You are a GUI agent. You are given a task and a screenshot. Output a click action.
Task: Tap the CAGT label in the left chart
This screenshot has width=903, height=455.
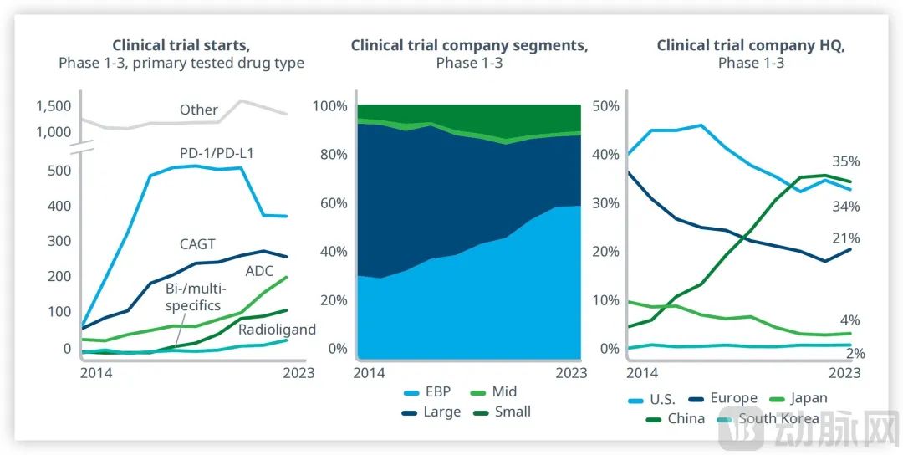tap(196, 244)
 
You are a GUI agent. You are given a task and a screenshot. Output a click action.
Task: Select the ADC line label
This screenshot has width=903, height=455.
tap(259, 271)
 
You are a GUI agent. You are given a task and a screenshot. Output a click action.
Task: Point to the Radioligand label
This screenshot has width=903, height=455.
tap(277, 330)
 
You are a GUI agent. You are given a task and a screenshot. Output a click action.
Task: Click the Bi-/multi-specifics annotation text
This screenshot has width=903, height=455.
tap(192, 297)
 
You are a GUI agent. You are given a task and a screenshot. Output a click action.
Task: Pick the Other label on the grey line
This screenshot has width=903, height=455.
tap(198, 110)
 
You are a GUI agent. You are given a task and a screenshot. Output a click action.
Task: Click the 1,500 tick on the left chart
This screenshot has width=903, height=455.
tap(54, 105)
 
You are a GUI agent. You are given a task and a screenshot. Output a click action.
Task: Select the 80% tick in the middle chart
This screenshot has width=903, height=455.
tap(329, 155)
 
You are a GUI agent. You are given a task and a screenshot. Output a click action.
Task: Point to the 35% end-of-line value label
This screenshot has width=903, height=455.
tap(845, 161)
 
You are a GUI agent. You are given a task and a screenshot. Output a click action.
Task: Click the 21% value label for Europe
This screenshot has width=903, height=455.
tap(845, 238)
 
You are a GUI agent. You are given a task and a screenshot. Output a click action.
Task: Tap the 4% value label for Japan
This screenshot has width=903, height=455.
tap(849, 320)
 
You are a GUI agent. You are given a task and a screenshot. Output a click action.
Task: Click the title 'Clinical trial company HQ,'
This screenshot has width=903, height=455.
tap(750, 46)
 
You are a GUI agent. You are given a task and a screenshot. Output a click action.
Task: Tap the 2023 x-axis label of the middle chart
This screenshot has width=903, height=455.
tap(572, 372)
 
